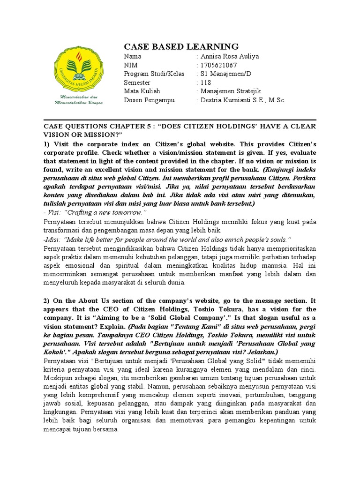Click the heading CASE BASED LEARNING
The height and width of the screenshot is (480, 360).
pos(181,46)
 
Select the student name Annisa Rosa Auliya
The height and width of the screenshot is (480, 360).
pos(230,57)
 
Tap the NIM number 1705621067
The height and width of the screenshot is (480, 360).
pos(219,65)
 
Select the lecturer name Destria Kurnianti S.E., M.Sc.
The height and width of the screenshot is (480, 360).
pos(243,100)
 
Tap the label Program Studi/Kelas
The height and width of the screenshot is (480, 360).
pos(154,74)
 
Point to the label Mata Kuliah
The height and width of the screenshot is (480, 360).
pos(142,91)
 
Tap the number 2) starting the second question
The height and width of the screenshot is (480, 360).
pos(47,301)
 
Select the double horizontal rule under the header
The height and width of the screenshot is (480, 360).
pos(180,120)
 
